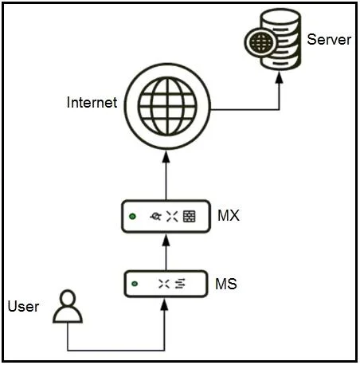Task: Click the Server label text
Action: [329, 40]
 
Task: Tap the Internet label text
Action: [92, 102]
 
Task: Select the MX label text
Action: [229, 215]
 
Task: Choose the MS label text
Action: [226, 284]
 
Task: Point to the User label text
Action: [23, 306]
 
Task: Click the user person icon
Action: [68, 306]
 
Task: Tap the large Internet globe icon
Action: [167, 106]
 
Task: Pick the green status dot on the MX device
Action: [132, 217]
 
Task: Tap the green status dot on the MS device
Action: [135, 284]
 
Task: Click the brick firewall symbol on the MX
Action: [190, 216]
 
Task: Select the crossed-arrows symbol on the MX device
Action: [172, 216]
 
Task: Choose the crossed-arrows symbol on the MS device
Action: [164, 284]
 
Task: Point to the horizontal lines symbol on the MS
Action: [180, 284]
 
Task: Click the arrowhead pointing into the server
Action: [279, 77]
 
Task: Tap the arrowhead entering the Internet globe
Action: [166, 157]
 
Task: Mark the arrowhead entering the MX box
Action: [166, 240]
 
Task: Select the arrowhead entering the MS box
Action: [165, 304]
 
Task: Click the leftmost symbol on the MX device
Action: [155, 217]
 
